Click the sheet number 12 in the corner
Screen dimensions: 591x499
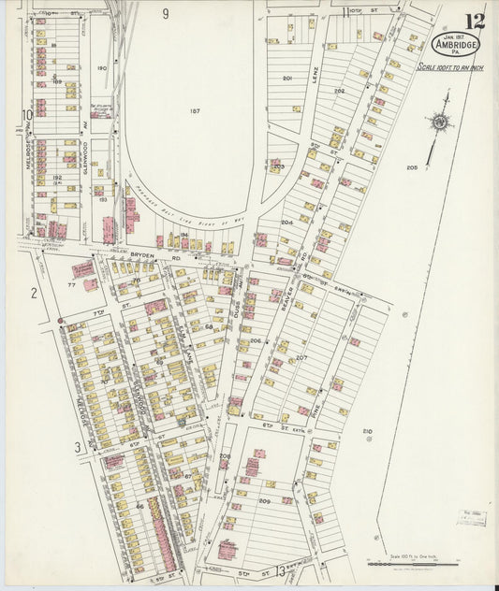476,21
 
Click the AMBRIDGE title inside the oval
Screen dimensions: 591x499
453,45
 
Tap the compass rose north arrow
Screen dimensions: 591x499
438,122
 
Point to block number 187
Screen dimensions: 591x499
195,111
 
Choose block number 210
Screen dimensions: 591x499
367,431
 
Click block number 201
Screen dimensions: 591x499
288,78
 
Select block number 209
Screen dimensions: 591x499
264,501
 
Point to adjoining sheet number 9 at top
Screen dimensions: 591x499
165,13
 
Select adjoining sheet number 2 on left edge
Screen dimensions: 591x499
33,293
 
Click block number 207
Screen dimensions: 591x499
301,357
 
